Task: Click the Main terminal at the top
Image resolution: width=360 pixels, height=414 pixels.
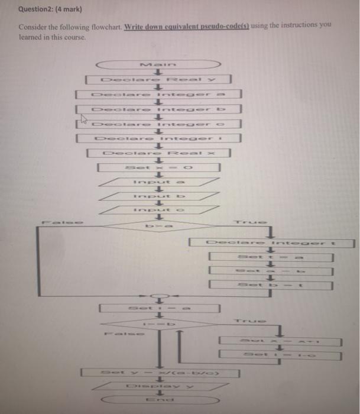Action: pyautogui.click(x=158, y=64)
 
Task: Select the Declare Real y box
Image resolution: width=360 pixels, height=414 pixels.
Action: pyautogui.click(x=158, y=79)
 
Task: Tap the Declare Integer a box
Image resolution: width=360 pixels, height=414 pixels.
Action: pyautogui.click(x=158, y=94)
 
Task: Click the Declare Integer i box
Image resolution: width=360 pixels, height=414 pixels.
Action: pyautogui.click(x=158, y=138)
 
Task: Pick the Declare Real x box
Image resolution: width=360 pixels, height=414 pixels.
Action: pyautogui.click(x=158, y=153)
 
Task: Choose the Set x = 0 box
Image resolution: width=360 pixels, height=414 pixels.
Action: pyautogui.click(x=158, y=169)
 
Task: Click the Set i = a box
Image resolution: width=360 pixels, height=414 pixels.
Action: pyautogui.click(x=158, y=308)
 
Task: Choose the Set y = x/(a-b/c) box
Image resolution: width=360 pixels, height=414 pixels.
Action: pyautogui.click(x=160, y=373)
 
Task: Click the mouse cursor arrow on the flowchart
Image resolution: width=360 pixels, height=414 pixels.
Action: pyautogui.click(x=84, y=121)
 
